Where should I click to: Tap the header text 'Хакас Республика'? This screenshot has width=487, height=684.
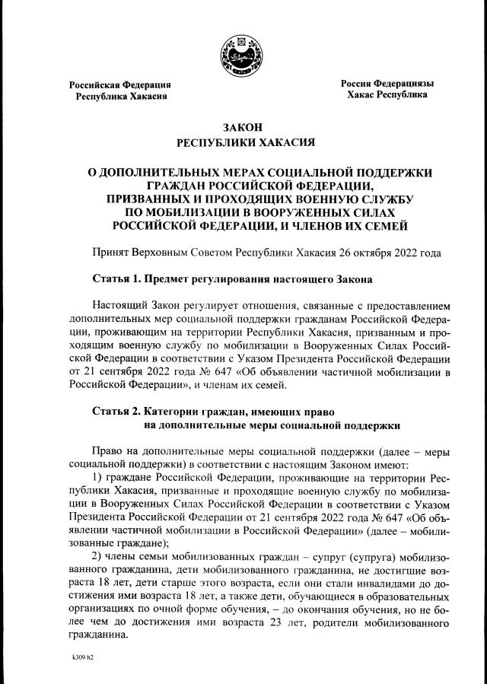click(x=387, y=95)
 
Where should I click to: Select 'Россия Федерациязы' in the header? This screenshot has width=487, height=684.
click(x=387, y=82)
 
